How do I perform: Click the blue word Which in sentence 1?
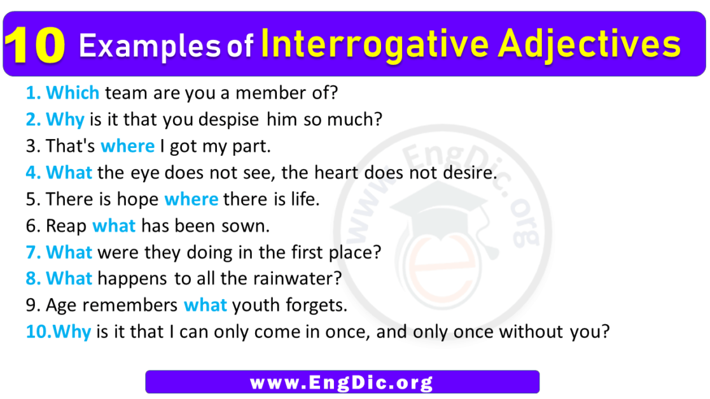tap(73, 93)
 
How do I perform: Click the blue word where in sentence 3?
tap(127, 146)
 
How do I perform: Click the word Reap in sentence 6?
tap(66, 226)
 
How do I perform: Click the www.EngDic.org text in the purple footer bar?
tap(342, 382)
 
